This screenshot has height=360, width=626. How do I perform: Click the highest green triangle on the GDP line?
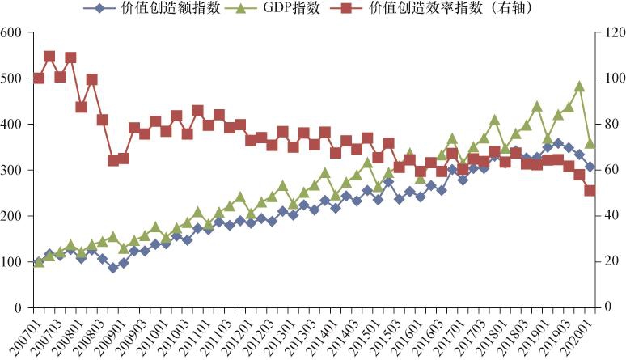[x=579, y=86]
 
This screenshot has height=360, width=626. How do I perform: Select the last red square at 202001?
[x=590, y=190]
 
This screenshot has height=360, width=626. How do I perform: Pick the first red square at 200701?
[x=39, y=78]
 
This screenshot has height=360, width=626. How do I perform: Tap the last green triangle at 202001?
[x=590, y=143]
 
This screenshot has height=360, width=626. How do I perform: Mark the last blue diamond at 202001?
[x=590, y=167]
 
